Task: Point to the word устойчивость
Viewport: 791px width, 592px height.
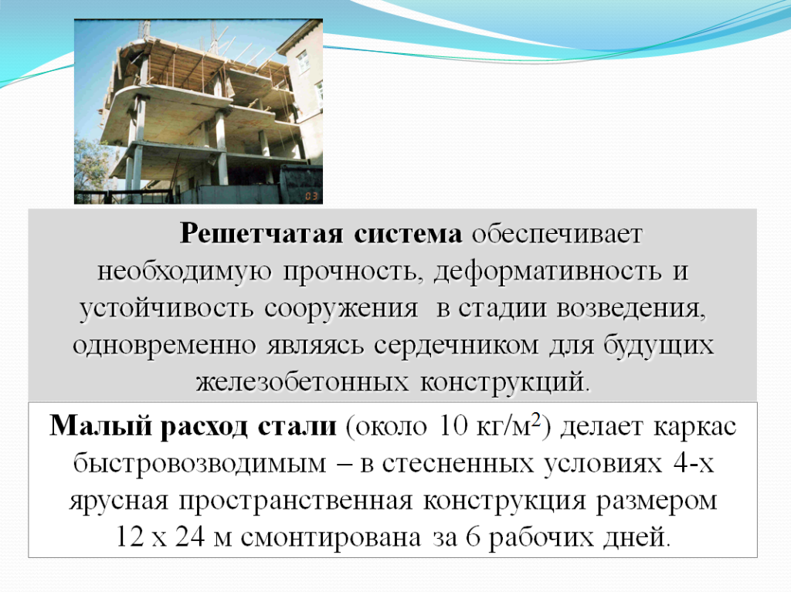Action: click(x=166, y=309)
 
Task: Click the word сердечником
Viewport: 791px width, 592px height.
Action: click(x=456, y=347)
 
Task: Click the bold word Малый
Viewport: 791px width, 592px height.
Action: click(x=100, y=426)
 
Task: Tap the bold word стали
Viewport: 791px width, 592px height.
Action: click(x=297, y=427)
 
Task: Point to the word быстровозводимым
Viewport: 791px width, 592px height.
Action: click(x=200, y=464)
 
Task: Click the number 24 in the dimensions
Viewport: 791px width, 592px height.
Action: click(x=190, y=537)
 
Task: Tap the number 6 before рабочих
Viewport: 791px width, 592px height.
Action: click(x=474, y=537)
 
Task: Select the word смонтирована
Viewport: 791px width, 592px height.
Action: click(x=331, y=538)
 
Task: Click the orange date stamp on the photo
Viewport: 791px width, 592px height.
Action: click(x=311, y=196)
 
